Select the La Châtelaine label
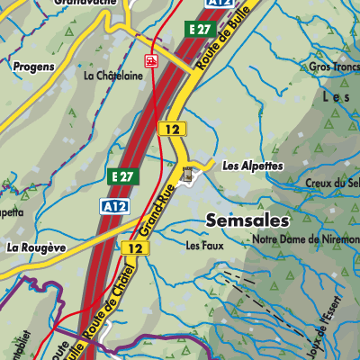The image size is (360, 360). (112, 76)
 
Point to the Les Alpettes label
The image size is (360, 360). (252, 166)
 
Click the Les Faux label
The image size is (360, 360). (203, 244)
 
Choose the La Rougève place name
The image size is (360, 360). (36, 247)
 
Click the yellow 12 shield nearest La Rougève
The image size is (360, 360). (135, 247)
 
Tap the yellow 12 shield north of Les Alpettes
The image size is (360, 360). (171, 129)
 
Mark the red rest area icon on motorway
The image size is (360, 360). (151, 61)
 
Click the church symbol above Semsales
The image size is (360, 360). (188, 176)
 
